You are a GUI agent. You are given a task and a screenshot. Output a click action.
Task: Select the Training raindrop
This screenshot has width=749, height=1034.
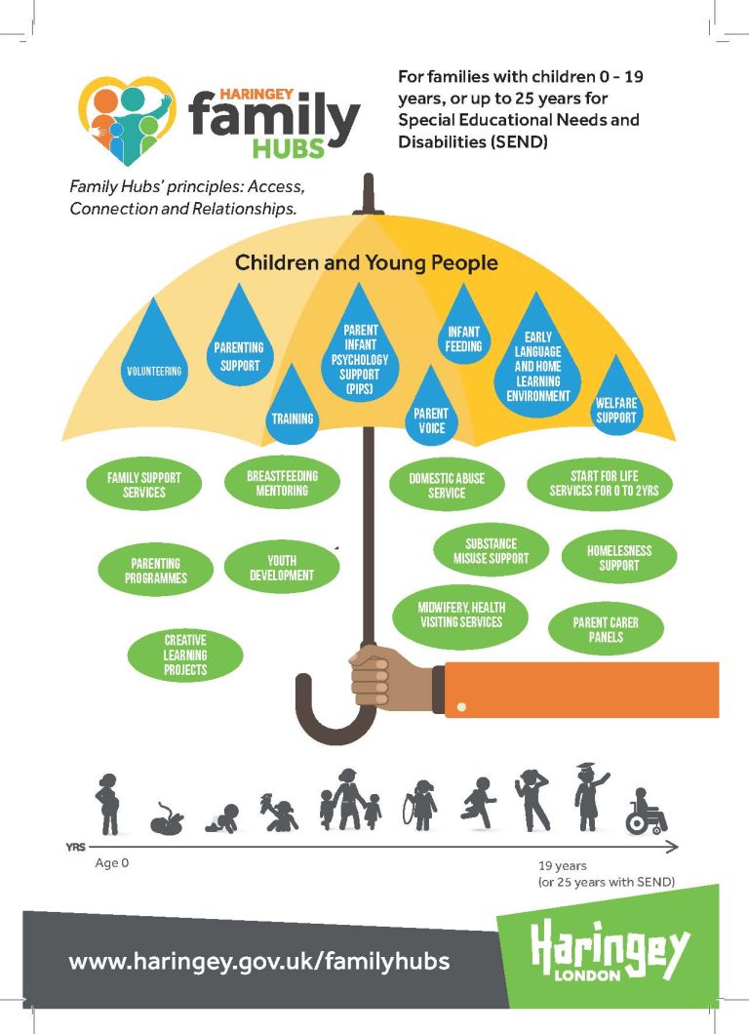293,408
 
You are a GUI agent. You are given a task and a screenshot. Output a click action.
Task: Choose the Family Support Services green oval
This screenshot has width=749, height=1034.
143,485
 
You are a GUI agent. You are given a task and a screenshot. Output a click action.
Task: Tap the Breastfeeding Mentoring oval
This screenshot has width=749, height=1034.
282,483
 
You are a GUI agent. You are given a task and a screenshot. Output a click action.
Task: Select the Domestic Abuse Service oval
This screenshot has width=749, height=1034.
447,485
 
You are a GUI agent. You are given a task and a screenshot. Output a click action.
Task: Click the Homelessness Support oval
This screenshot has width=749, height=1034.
619,557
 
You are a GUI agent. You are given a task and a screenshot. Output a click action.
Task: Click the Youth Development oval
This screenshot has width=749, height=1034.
283,568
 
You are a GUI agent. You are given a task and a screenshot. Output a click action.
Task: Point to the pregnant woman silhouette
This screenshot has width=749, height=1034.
106,804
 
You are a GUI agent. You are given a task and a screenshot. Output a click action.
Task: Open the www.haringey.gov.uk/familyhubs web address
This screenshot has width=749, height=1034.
259,961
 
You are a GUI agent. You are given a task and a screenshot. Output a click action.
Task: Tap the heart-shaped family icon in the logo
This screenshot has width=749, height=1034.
126,120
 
